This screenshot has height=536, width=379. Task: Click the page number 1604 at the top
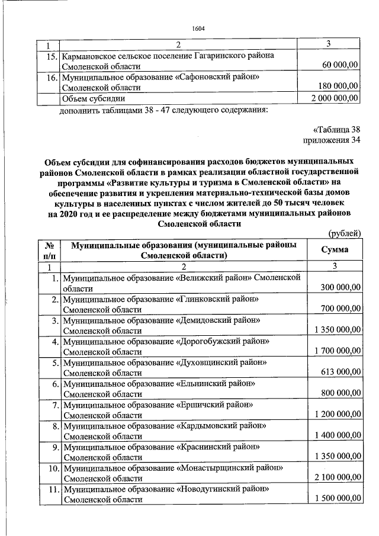coord(198,28)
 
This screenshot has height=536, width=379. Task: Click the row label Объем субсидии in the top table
coord(94,98)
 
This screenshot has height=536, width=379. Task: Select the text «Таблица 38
coord(336,130)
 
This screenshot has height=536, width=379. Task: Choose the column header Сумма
coord(335,249)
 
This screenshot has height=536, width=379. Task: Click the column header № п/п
coord(50,249)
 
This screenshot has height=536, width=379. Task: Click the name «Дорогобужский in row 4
coord(211,342)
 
